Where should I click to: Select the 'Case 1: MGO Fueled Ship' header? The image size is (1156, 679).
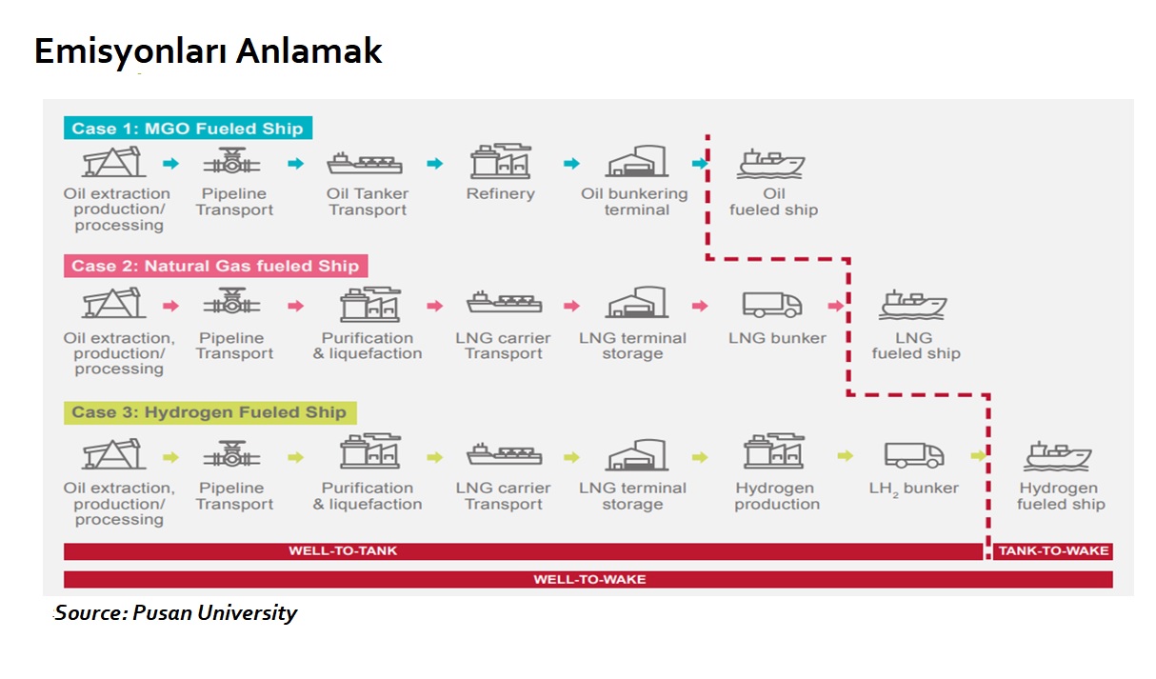(188, 129)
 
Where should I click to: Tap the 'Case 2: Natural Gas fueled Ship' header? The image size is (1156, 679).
(215, 266)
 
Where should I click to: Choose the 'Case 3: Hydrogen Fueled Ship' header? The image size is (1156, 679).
(209, 412)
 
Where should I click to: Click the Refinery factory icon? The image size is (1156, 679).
(500, 163)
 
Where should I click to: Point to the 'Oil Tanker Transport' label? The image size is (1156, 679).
(368, 202)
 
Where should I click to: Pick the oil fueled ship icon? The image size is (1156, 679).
(772, 164)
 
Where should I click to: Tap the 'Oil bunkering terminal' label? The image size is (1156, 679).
(634, 202)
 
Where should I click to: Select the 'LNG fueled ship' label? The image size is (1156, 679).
(916, 346)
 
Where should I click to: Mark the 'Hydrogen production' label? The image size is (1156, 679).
(777, 496)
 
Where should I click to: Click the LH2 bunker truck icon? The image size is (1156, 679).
(914, 455)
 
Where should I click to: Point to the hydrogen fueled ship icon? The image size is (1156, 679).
(1058, 455)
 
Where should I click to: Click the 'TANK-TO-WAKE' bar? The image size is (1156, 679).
(1053, 550)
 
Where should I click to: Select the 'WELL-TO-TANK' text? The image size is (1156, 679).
(343, 550)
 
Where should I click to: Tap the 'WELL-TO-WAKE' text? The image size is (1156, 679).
(589, 579)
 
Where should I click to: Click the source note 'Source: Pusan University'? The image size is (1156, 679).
(176, 612)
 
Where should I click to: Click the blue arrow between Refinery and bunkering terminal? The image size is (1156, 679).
(571, 164)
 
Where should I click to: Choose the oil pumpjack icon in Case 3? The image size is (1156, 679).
(114, 456)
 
